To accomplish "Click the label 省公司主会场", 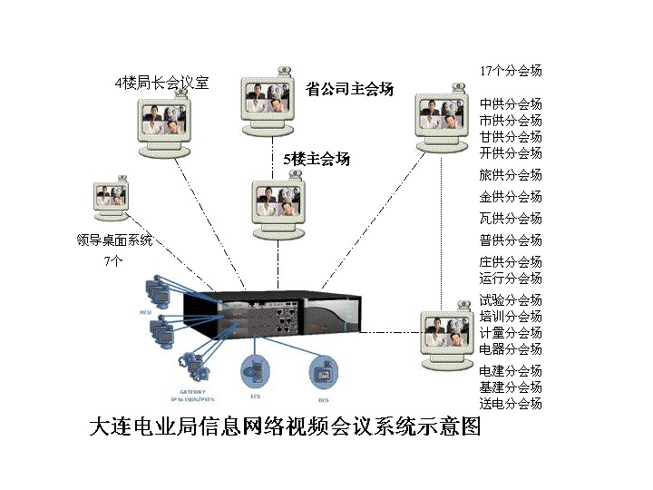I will click(x=349, y=89).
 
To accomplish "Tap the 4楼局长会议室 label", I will click(x=161, y=83).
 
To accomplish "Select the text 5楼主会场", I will click(x=317, y=159).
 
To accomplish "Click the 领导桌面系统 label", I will click(x=115, y=240).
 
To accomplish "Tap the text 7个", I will click(x=113, y=260).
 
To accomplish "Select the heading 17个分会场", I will click(x=511, y=71).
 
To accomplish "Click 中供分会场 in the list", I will click(x=511, y=103).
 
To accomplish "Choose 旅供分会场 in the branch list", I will click(x=511, y=174).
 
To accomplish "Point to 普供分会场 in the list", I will click(x=511, y=240).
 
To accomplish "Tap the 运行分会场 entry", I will click(x=511, y=278).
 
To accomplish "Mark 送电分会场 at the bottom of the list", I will click(x=511, y=403).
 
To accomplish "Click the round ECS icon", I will click(x=254, y=371).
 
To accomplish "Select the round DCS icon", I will click(x=323, y=371).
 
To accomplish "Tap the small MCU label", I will click(x=143, y=311).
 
